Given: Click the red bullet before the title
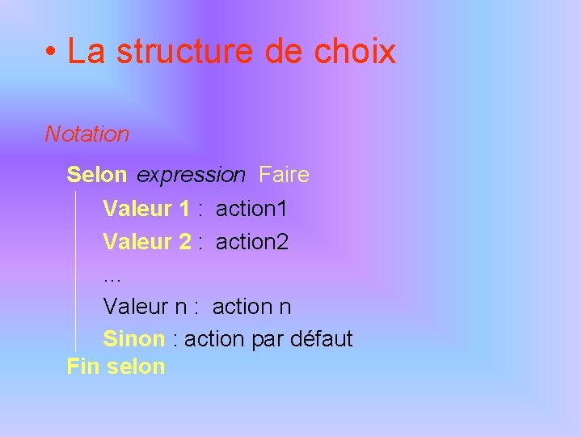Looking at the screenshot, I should point(51,53).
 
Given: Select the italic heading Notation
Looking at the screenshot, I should point(86,134).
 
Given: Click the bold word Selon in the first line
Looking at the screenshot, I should point(97,175).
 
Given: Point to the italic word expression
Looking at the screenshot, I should point(191,176).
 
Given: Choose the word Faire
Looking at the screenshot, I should point(284,175).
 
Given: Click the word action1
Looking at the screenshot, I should point(251,209).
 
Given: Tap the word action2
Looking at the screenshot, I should point(252,241).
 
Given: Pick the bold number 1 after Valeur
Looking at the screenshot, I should point(183,209).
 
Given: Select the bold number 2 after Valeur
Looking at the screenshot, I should point(185,241).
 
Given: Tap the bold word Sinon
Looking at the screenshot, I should point(134,338).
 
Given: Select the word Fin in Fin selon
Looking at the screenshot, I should point(82,366).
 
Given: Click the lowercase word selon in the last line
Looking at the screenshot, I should point(135,366).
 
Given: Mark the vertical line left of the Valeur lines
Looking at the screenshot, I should point(75,271).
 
